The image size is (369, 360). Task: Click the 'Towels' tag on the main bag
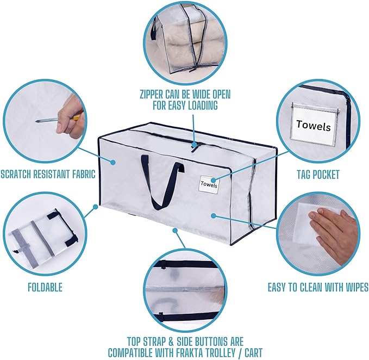point(209,184)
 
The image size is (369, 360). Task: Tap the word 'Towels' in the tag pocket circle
point(314,125)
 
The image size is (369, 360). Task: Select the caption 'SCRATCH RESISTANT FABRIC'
point(48,174)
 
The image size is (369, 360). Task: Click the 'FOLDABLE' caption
point(45,288)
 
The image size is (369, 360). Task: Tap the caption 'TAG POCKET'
point(318,175)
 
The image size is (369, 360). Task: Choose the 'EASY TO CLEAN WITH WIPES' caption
point(318,287)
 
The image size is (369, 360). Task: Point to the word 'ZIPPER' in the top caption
point(151,95)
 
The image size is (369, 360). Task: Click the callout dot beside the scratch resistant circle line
point(113,162)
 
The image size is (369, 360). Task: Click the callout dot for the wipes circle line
point(213,215)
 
